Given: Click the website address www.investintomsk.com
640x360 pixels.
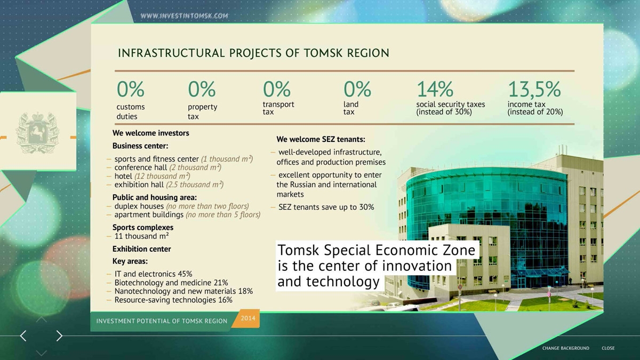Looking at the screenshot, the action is (185, 16).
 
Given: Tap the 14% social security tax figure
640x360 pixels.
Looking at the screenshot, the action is (435, 89).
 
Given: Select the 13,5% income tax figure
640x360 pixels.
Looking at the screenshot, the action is (534, 89).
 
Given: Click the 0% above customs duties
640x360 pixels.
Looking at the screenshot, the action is (131, 89).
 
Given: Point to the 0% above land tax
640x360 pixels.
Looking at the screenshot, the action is (357, 89).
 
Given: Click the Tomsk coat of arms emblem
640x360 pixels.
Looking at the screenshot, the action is (37, 133).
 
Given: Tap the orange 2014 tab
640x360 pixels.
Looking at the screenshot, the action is (247, 318).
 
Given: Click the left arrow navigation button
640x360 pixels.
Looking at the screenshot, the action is (23, 335).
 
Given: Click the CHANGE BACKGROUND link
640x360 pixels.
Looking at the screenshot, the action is (566, 348).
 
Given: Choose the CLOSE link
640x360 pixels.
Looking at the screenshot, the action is (608, 348).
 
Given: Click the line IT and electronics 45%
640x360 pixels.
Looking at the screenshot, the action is (153, 274).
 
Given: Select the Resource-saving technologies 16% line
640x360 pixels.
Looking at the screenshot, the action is (173, 300).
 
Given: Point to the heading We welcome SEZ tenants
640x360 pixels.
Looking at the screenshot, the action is (321, 139).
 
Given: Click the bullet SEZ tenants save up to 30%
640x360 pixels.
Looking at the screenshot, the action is (326, 207).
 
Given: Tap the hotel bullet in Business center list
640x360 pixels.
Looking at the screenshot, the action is (153, 177).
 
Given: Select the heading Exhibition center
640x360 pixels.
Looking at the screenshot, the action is (141, 249).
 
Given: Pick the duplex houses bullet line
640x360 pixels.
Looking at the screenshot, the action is (181, 206).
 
